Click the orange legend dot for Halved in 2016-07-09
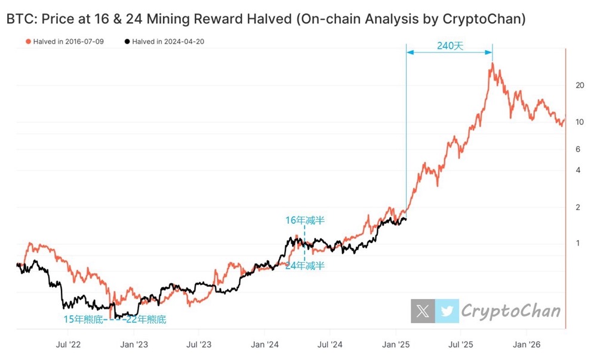tap(28, 42)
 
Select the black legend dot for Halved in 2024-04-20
tap(127, 42)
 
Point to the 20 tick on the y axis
tap(579, 85)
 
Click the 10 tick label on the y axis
tap(579, 122)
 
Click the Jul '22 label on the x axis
tap(69, 344)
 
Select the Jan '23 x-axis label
tap(134, 344)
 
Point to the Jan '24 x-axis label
tap(265, 344)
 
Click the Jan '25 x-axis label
tap(396, 344)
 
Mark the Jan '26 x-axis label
tap(527, 344)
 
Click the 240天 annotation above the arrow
tap(450, 45)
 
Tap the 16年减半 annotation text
tap(304, 220)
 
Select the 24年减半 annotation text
tap(304, 266)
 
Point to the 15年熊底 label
tap(83, 319)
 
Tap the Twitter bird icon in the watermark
tap(447, 311)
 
